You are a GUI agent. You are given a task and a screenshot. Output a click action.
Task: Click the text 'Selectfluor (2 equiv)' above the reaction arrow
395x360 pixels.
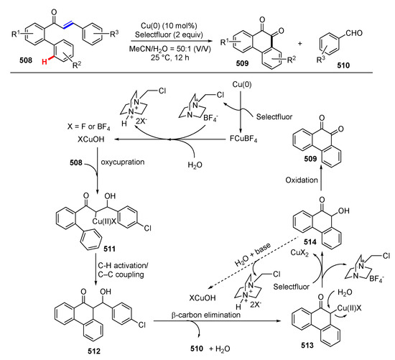point(170,24)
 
